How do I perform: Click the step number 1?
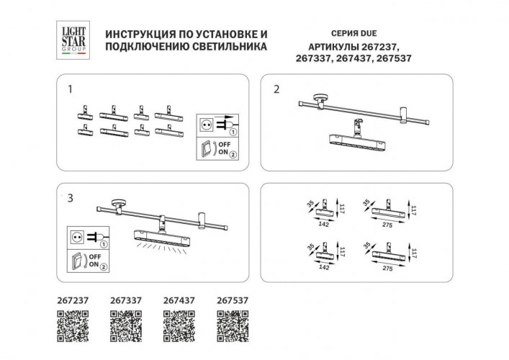click(70, 90)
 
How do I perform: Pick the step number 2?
click(276, 90)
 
